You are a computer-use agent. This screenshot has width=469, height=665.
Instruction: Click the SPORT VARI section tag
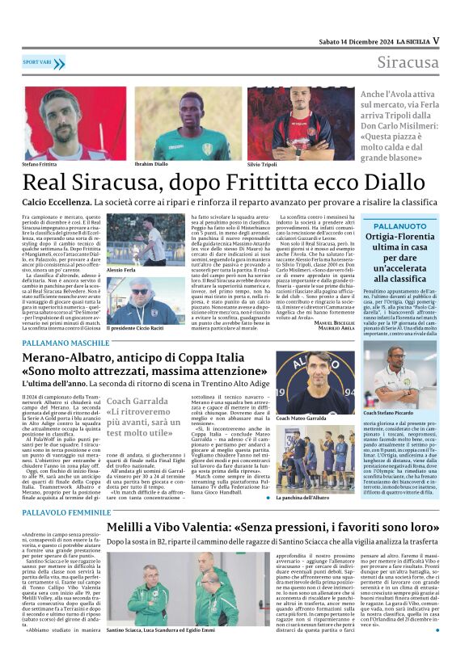point(43,62)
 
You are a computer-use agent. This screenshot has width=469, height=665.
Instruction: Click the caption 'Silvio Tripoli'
point(262,164)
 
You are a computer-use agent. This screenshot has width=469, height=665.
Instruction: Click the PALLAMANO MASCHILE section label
point(65,343)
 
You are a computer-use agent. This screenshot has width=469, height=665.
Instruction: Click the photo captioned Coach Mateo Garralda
point(315,383)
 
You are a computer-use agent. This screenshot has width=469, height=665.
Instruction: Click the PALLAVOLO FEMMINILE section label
point(66,512)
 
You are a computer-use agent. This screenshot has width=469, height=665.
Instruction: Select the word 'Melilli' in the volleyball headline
point(130,527)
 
